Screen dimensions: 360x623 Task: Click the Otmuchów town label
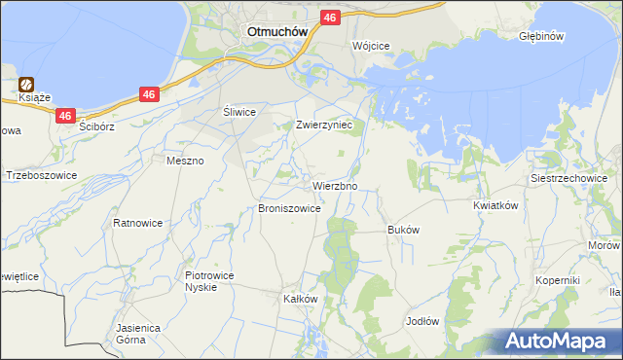277,30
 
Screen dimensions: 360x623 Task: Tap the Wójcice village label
371,46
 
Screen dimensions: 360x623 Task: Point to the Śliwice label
238,112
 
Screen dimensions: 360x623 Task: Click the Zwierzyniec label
330,126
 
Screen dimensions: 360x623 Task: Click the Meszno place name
185,161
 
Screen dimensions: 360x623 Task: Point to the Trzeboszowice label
41,176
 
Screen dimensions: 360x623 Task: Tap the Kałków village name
300,299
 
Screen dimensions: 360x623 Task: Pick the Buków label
403,231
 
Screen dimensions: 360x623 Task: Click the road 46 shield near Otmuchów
329,18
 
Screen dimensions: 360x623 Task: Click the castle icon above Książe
27,85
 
